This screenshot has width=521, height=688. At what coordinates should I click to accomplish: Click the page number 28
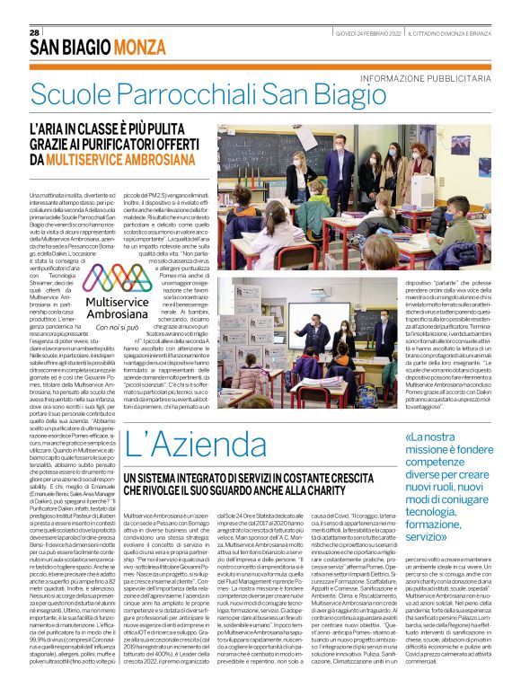pos(34,32)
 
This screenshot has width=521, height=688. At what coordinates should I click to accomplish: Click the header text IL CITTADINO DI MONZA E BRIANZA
pos(456,33)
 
